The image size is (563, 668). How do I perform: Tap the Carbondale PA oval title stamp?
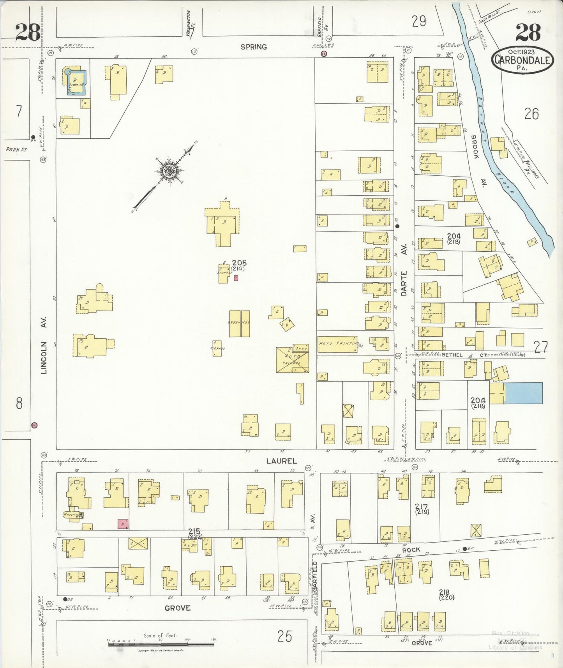pos(522,60)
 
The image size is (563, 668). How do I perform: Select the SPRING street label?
pos(254,47)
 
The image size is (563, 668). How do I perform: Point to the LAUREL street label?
pos(282,461)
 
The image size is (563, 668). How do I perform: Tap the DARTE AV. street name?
pos(404,270)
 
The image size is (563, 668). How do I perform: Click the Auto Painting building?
pos(337,344)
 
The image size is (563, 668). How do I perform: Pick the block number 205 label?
pos(239,263)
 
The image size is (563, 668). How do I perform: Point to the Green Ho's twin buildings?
pos(239,323)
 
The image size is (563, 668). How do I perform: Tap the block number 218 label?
pos(444,592)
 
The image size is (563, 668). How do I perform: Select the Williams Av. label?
pos(531,169)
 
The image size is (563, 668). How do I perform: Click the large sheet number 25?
pos(285,636)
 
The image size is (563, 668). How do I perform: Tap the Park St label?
pos(16,149)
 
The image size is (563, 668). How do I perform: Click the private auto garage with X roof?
pos(293,360)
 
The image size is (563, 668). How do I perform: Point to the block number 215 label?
pos(194,531)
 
